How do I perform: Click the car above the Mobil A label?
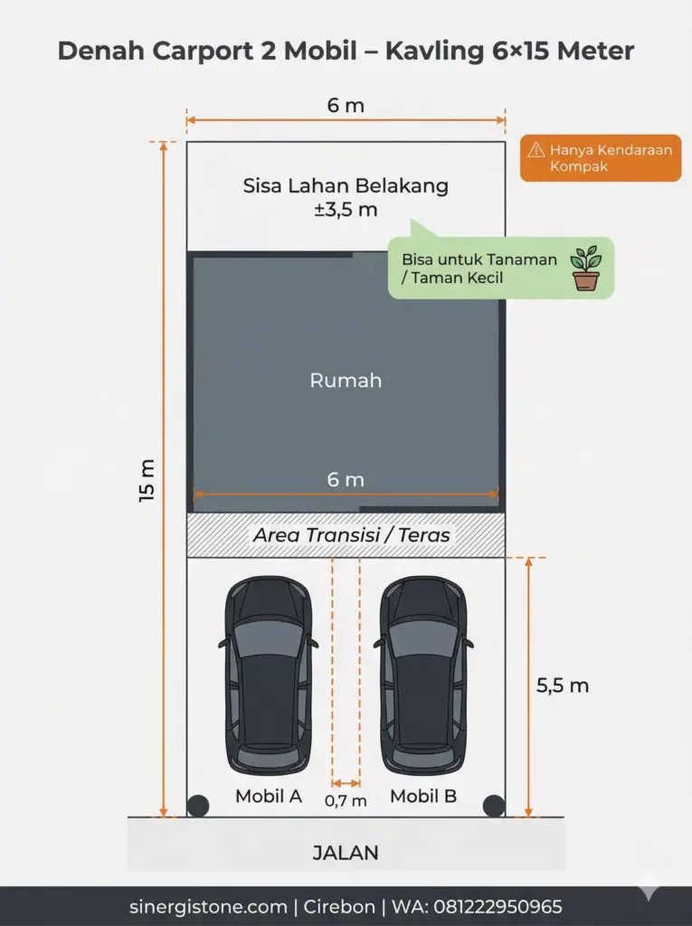pyautogui.click(x=268, y=676)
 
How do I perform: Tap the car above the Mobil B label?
pyautogui.click(x=423, y=676)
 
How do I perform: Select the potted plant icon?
pyautogui.click(x=585, y=269)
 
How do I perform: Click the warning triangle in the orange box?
pyautogui.click(x=536, y=150)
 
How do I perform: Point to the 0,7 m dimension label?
pyautogui.click(x=346, y=800)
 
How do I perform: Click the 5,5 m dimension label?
pyautogui.click(x=563, y=685)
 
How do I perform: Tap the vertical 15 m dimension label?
pyautogui.click(x=147, y=480)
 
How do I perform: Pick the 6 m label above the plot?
pyautogui.click(x=346, y=106)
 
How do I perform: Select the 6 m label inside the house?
pyautogui.click(x=346, y=479)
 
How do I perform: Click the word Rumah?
pyautogui.click(x=346, y=381)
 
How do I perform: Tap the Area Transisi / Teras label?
pyautogui.click(x=351, y=535)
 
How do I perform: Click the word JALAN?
pyautogui.click(x=346, y=853)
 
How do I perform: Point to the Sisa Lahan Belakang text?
pyautogui.click(x=346, y=186)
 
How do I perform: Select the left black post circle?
pyautogui.click(x=197, y=806)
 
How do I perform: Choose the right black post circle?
pyautogui.click(x=493, y=806)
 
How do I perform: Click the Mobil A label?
pyautogui.click(x=269, y=797)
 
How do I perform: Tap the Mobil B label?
pyautogui.click(x=423, y=797)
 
